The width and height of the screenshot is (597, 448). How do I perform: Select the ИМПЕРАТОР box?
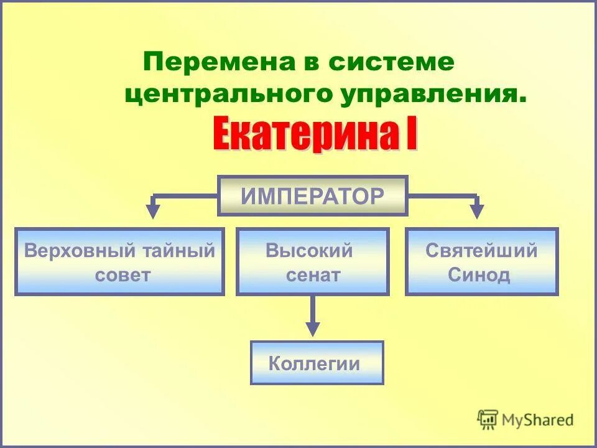tap(312, 196)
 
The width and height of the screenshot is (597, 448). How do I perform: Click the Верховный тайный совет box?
tap(119, 262)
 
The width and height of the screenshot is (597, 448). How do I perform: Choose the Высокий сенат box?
tap(312, 262)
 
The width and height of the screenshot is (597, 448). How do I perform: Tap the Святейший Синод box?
tap(481, 262)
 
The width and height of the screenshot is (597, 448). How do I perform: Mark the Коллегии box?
tap(317, 363)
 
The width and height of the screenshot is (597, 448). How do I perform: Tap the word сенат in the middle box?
tap(313, 275)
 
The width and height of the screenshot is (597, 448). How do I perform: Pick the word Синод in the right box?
tap(479, 275)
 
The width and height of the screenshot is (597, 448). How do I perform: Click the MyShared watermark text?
tap(538, 420)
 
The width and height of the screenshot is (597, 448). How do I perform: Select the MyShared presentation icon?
tap(488, 419)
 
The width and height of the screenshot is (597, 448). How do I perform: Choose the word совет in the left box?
tap(123, 275)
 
